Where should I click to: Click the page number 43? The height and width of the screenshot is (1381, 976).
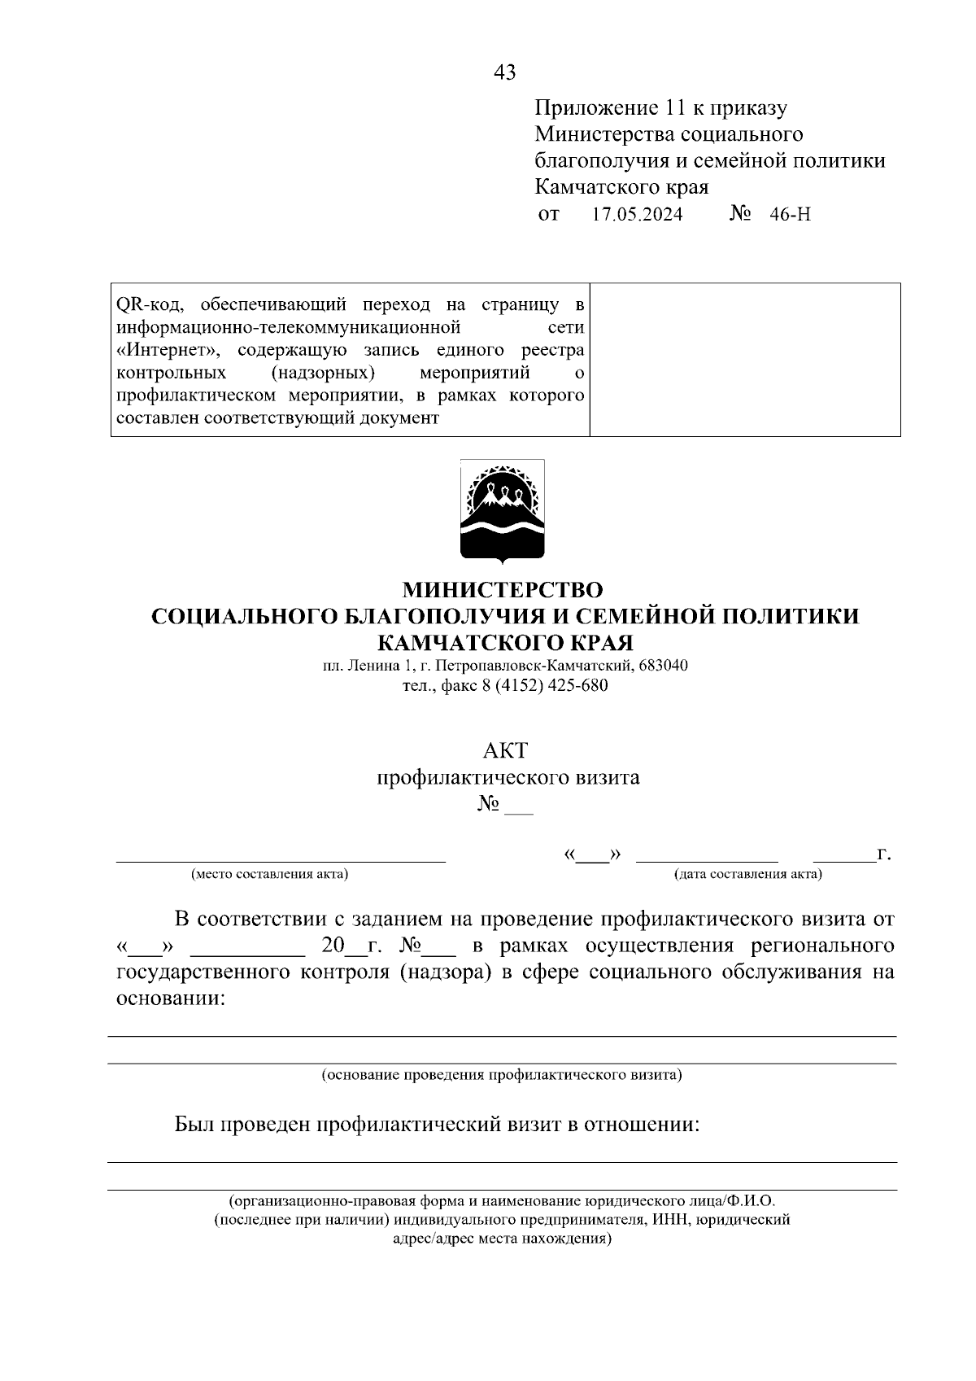[x=504, y=72]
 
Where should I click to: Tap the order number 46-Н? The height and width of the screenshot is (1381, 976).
[x=789, y=215]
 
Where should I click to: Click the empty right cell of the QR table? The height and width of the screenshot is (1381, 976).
[x=744, y=360]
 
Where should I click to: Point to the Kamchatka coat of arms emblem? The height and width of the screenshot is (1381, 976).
[x=502, y=511]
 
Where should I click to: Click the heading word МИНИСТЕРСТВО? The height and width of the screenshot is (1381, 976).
[x=504, y=588]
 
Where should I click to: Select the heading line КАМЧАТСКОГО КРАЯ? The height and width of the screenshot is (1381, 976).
[x=504, y=642]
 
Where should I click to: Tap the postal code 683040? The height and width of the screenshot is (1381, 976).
[x=664, y=665]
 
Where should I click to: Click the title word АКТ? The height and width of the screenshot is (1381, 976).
[x=505, y=749]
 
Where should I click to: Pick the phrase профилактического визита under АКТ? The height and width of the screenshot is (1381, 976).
[x=508, y=777]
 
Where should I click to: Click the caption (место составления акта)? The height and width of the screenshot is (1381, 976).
[x=269, y=875]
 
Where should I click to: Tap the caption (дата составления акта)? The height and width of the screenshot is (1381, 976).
[x=747, y=875]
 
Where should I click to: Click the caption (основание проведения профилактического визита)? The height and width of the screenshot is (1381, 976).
[x=502, y=1075]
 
